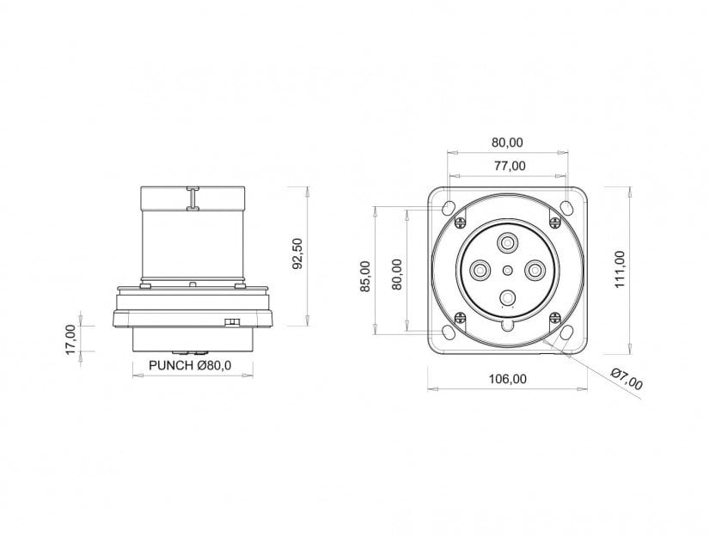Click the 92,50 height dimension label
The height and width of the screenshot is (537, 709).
[297, 253]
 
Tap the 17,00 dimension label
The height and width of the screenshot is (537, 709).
[71, 339]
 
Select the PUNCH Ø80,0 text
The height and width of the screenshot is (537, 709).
[190, 365]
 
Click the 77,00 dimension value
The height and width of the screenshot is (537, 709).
[509, 166]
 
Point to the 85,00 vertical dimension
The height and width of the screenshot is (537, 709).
[365, 276]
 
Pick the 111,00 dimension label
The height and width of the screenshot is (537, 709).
[620, 269]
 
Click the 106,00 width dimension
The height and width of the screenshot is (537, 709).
[508, 379]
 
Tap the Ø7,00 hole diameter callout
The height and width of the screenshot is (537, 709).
[626, 379]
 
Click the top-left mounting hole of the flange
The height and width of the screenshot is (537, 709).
[449, 208]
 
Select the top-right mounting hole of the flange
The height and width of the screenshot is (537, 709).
[566, 208]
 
